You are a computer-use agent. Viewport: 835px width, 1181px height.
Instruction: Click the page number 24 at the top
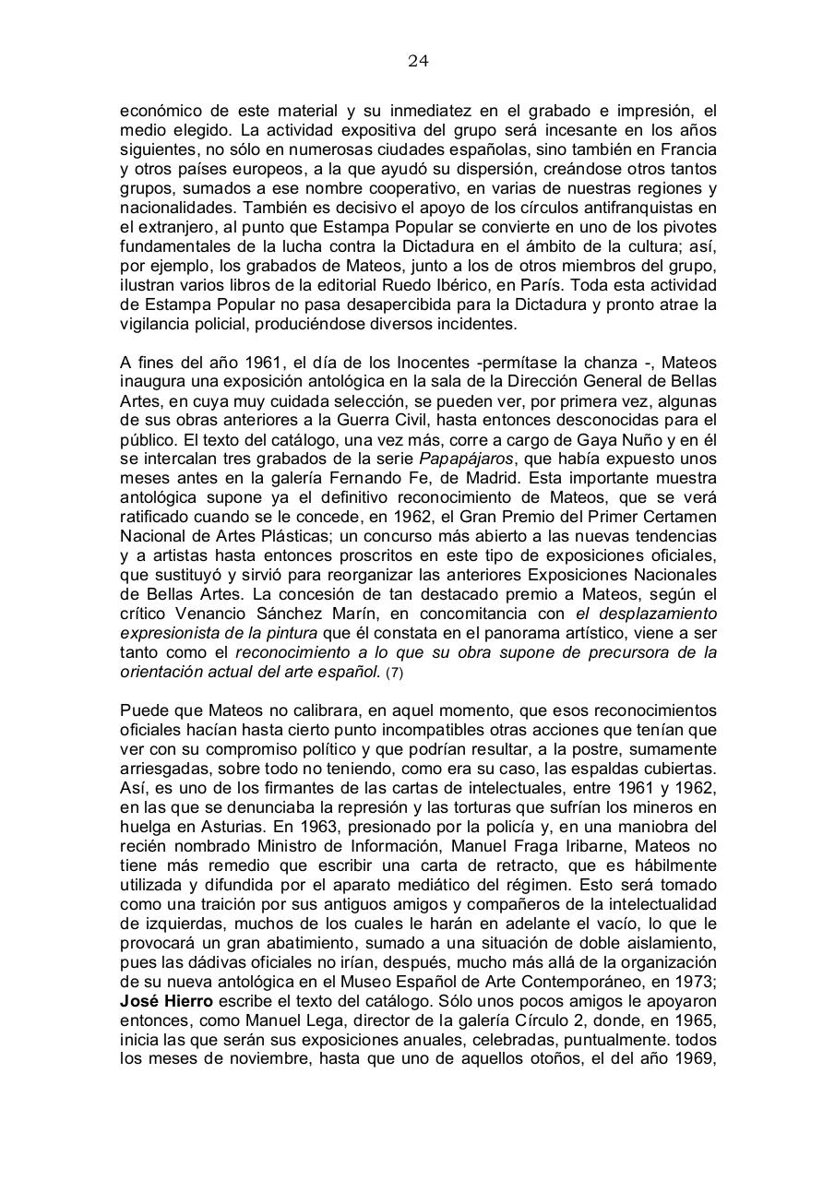click(x=418, y=62)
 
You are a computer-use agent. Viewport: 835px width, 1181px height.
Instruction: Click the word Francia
click(x=687, y=149)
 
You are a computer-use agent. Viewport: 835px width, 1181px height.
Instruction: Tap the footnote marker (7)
click(x=394, y=673)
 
